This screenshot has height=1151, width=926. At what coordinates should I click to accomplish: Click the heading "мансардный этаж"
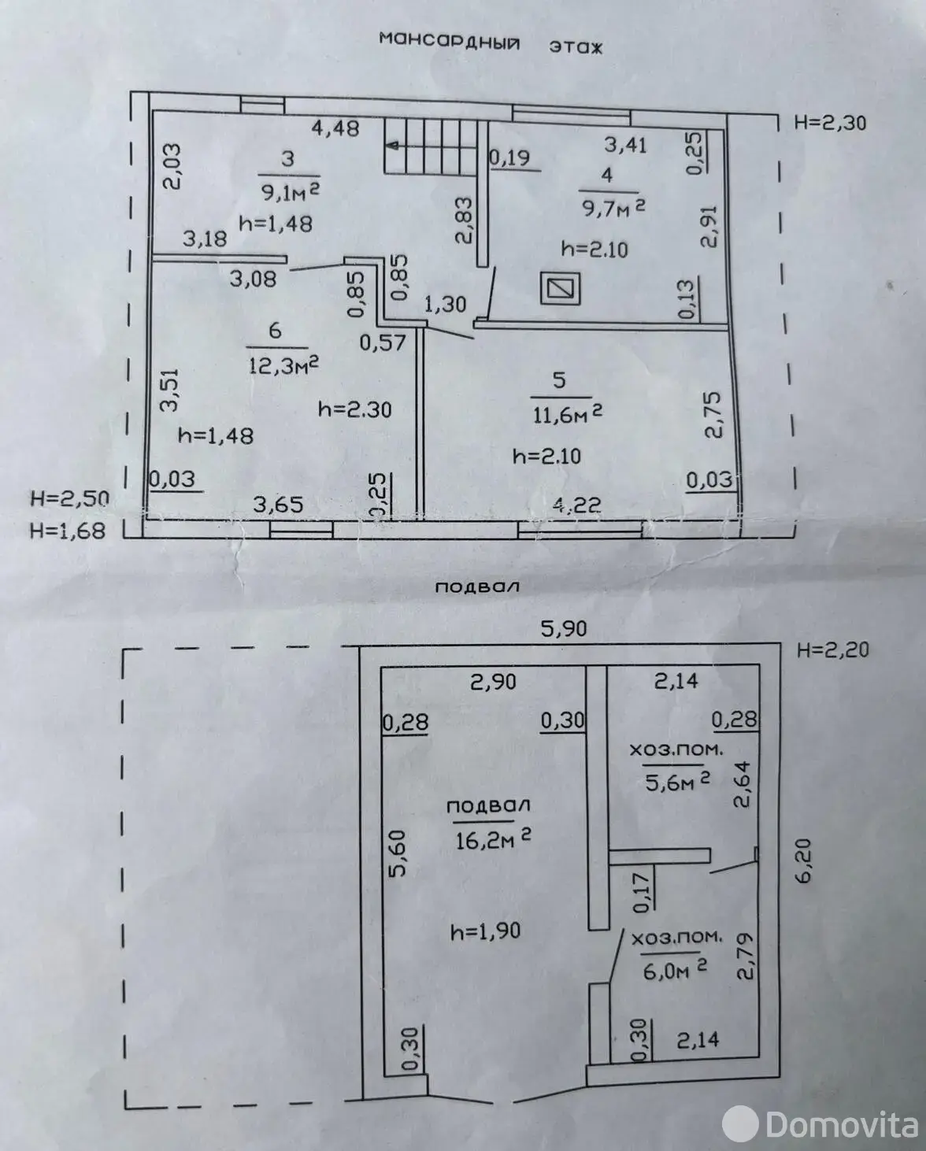490,43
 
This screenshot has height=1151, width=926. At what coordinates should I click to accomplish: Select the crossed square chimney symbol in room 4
561,288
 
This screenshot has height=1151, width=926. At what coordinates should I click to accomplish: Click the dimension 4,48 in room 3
336,128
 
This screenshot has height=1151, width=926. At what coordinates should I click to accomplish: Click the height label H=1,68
67,531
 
